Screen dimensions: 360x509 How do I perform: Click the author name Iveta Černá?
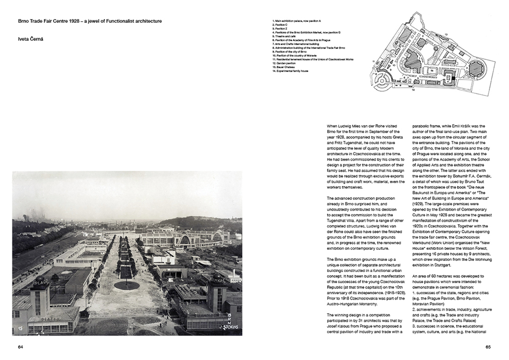click(x=31, y=39)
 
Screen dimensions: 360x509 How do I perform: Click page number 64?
click(x=21, y=347)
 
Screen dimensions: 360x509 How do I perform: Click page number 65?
click(x=488, y=347)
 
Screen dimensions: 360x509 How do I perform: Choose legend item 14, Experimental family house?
click(x=292, y=71)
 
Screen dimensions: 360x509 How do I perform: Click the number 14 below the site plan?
click(x=412, y=90)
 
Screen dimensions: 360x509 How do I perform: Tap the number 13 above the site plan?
click(x=446, y=34)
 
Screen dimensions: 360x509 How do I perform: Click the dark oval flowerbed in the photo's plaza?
click(x=127, y=285)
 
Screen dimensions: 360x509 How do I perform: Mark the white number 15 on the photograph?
click(x=21, y=329)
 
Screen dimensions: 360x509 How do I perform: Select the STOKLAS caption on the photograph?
click(x=230, y=322)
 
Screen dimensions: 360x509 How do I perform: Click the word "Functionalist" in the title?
click(x=109, y=21)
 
